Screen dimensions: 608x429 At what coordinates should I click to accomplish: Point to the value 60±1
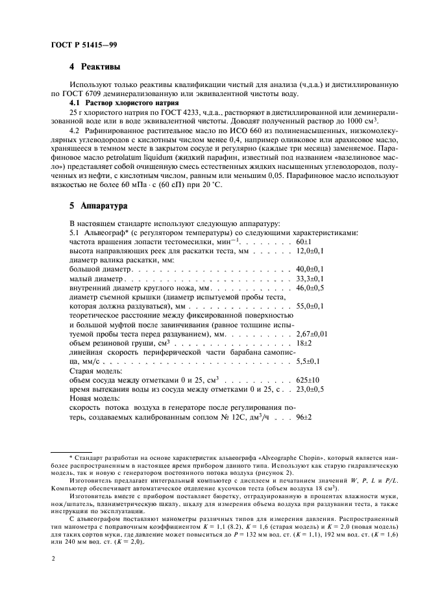tap(304, 241)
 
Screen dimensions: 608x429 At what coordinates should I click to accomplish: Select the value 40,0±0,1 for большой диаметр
tap(310, 268)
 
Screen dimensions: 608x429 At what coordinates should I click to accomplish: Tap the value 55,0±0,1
tap(310, 305)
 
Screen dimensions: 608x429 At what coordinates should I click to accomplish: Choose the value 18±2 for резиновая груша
tap(304, 342)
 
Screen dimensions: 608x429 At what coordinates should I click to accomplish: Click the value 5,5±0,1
tap(308, 360)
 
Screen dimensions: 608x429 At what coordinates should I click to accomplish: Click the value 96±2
tap(304, 416)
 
